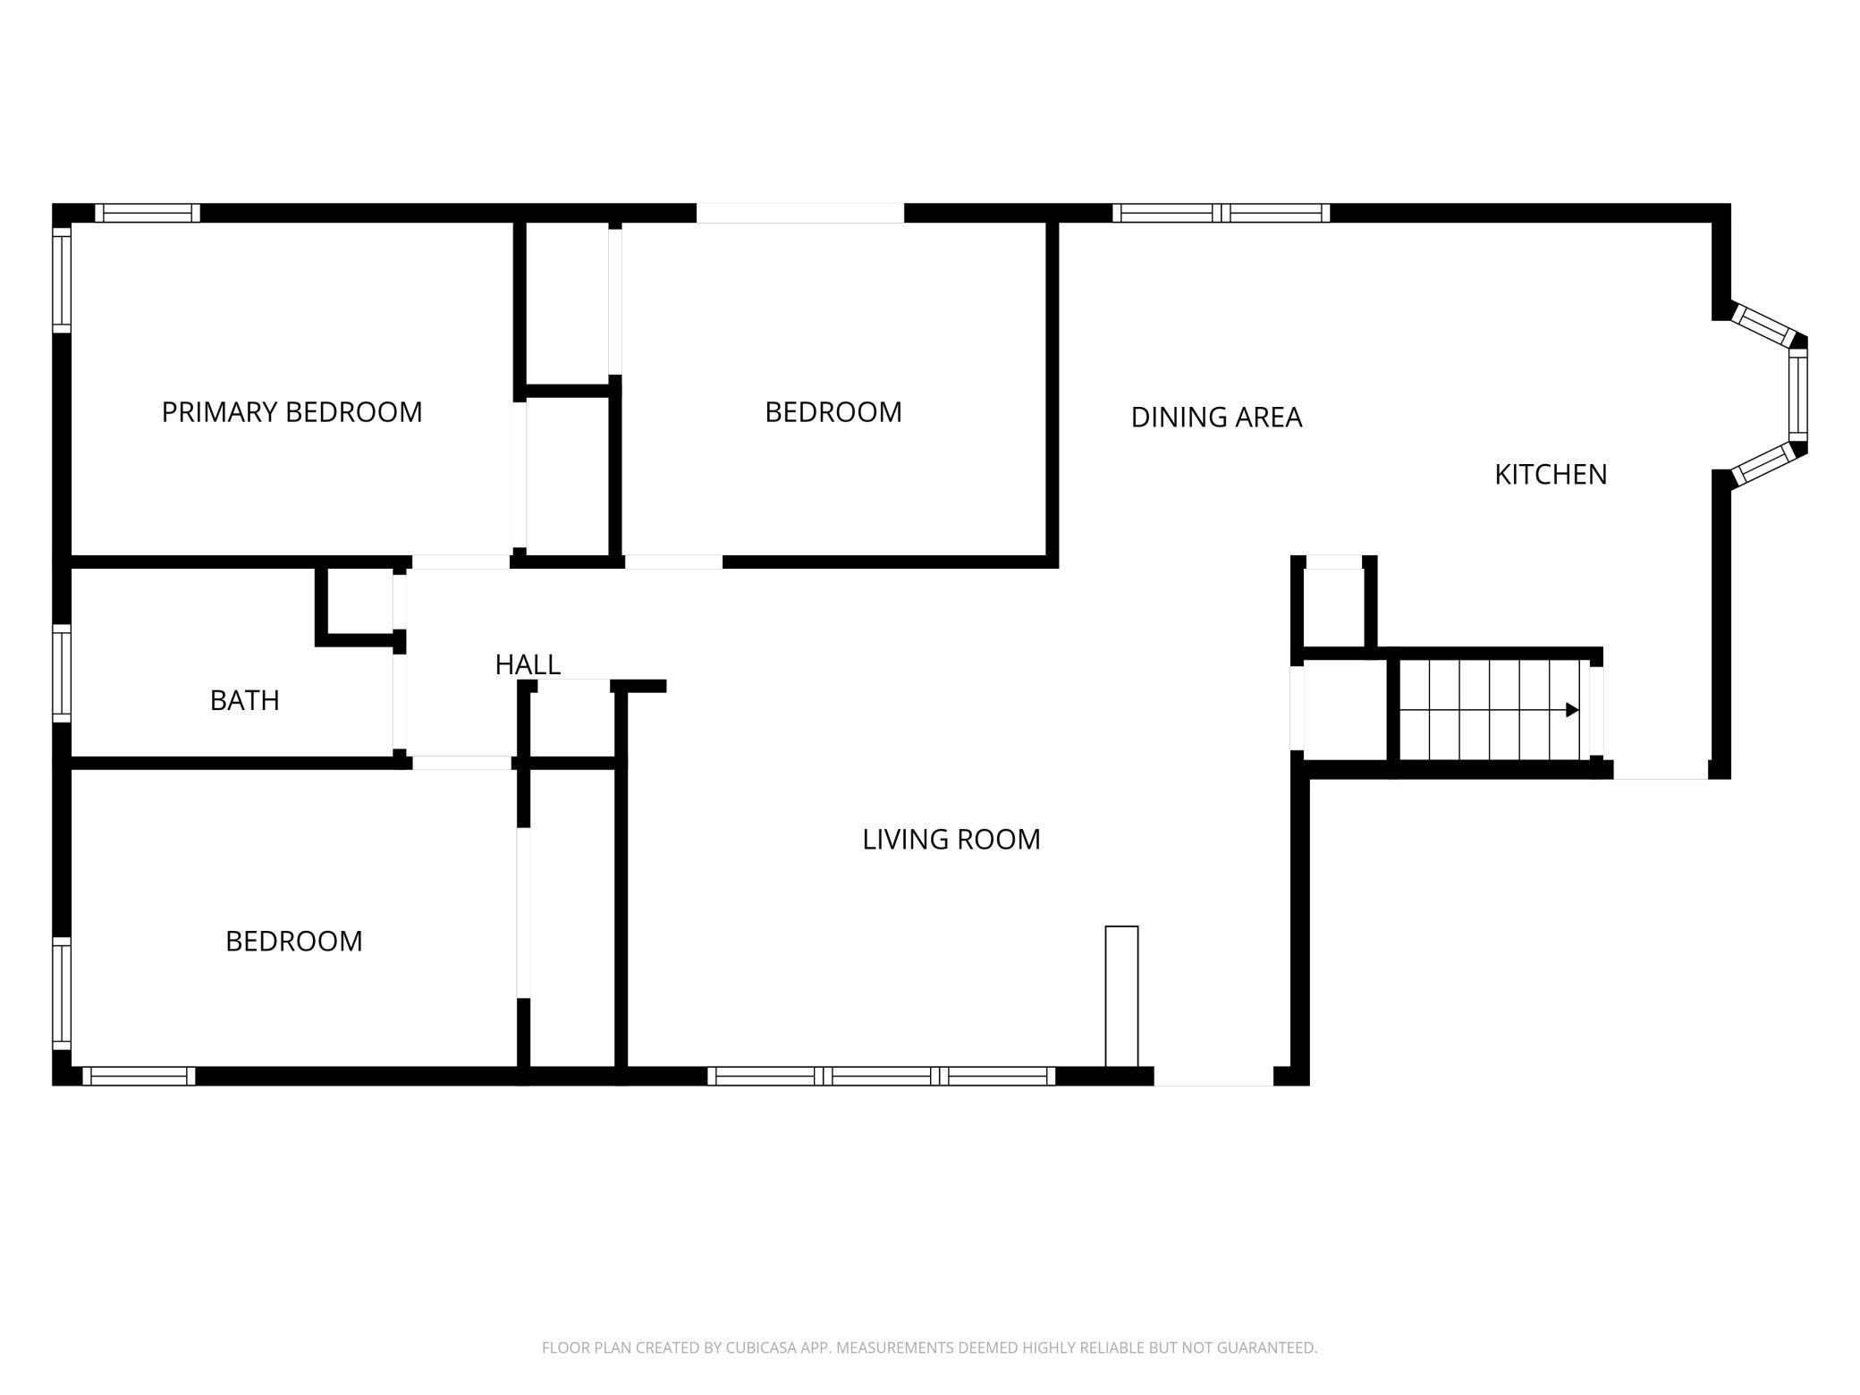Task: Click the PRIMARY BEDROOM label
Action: pos(292,412)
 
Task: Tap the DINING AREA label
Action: pos(1216,418)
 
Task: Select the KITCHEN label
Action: pos(1551,475)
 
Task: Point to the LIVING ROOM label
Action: pos(951,840)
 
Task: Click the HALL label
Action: pos(528,664)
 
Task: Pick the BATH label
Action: pos(244,700)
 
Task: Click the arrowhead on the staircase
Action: pos(1571,710)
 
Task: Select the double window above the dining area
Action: pos(1221,213)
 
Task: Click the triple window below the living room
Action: pos(882,1076)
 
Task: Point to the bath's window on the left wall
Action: pos(62,672)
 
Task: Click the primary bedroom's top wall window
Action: pos(148,213)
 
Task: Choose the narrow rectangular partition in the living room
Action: pos(1121,996)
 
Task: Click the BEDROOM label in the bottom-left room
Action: pos(293,942)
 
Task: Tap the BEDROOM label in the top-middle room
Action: pos(833,412)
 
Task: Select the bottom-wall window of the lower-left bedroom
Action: pos(139,1076)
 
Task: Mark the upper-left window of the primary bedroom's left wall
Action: pos(62,279)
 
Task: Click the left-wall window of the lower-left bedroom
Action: pos(62,993)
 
